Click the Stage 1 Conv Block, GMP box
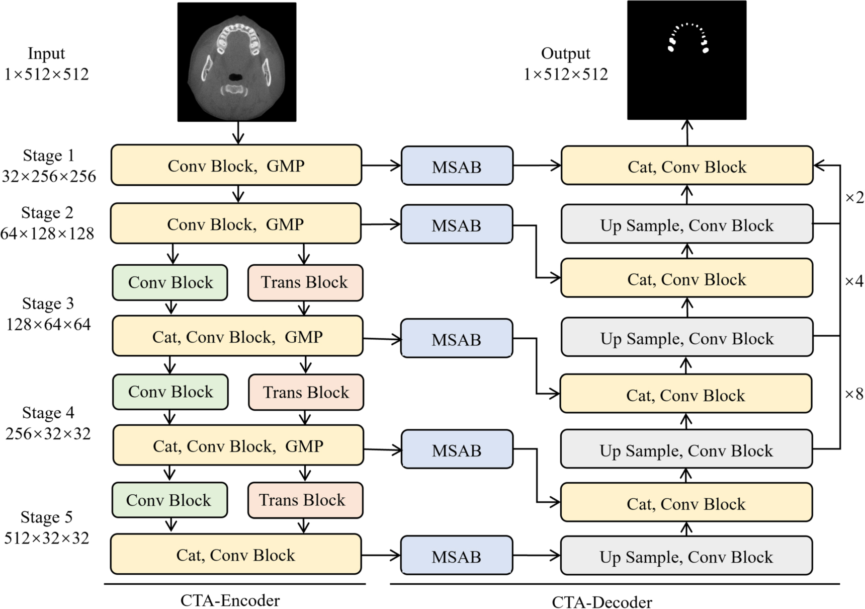pyautogui.click(x=236, y=165)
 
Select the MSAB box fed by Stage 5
pyautogui.click(x=457, y=556)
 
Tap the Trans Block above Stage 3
pyautogui.click(x=305, y=282)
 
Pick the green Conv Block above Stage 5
pyautogui.click(x=169, y=500)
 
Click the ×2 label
pyautogui.click(x=854, y=198)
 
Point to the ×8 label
pyautogui.click(x=854, y=394)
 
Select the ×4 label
pyautogui.click(x=854, y=280)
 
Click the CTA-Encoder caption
pyautogui.click(x=230, y=600)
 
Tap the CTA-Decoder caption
pyautogui.click(x=601, y=602)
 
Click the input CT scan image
pyautogui.click(x=237, y=62)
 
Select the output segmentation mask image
pyautogui.click(x=686, y=60)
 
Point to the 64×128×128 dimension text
pyautogui.click(x=47, y=234)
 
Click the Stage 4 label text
pyautogui.click(x=48, y=413)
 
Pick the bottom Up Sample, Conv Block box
pyautogui.click(x=686, y=556)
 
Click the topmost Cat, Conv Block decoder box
pyautogui.click(x=686, y=166)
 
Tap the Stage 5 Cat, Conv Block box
pyautogui.click(x=236, y=554)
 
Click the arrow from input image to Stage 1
pyautogui.click(x=238, y=133)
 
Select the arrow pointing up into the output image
pyautogui.click(x=687, y=132)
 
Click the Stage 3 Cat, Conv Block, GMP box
pyautogui.click(x=237, y=336)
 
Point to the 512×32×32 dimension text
pyautogui.click(x=47, y=538)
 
